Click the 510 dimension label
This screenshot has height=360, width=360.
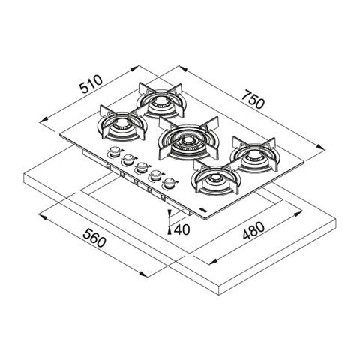point(91,84)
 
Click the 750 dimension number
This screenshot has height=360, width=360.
point(253,100)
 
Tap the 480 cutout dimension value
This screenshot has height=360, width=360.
point(253,230)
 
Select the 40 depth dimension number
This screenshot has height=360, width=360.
point(181,229)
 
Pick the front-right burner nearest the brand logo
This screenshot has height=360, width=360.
point(215,177)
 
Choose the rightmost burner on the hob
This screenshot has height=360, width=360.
point(254,155)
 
